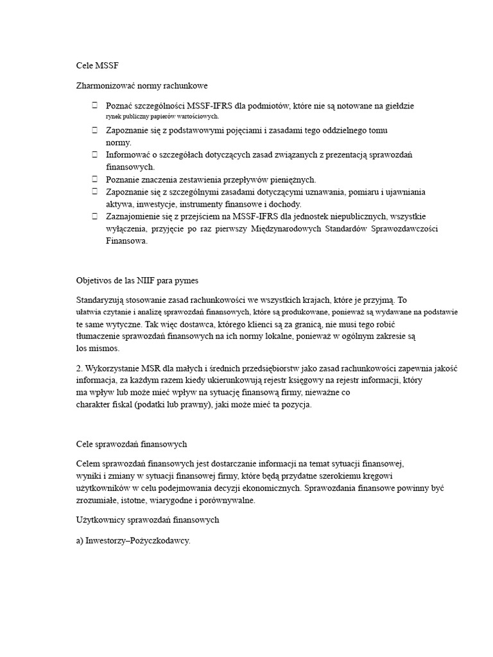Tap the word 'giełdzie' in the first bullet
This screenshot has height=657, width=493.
point(399,105)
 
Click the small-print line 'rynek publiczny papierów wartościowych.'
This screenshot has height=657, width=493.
point(162,117)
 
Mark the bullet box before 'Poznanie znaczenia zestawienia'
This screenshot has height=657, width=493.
point(94,180)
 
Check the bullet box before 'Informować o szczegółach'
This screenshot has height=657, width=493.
point(94,155)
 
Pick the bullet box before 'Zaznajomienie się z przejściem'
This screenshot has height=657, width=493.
point(94,216)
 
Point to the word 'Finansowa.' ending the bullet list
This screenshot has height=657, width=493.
point(126,241)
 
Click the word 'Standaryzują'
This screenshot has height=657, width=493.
point(101,300)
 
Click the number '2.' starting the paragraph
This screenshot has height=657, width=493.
point(80,367)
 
